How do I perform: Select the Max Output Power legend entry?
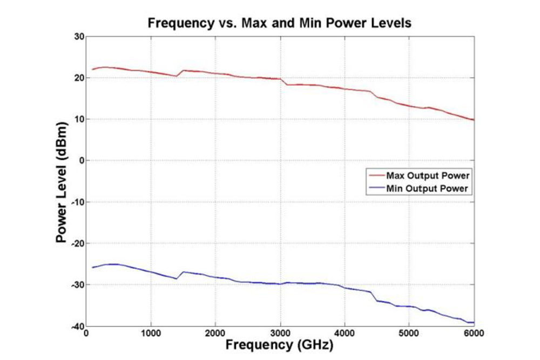(x=427, y=176)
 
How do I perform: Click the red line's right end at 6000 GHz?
(x=474, y=120)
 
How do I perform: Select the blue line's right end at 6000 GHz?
(x=474, y=322)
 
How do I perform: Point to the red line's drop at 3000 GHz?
(x=283, y=82)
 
